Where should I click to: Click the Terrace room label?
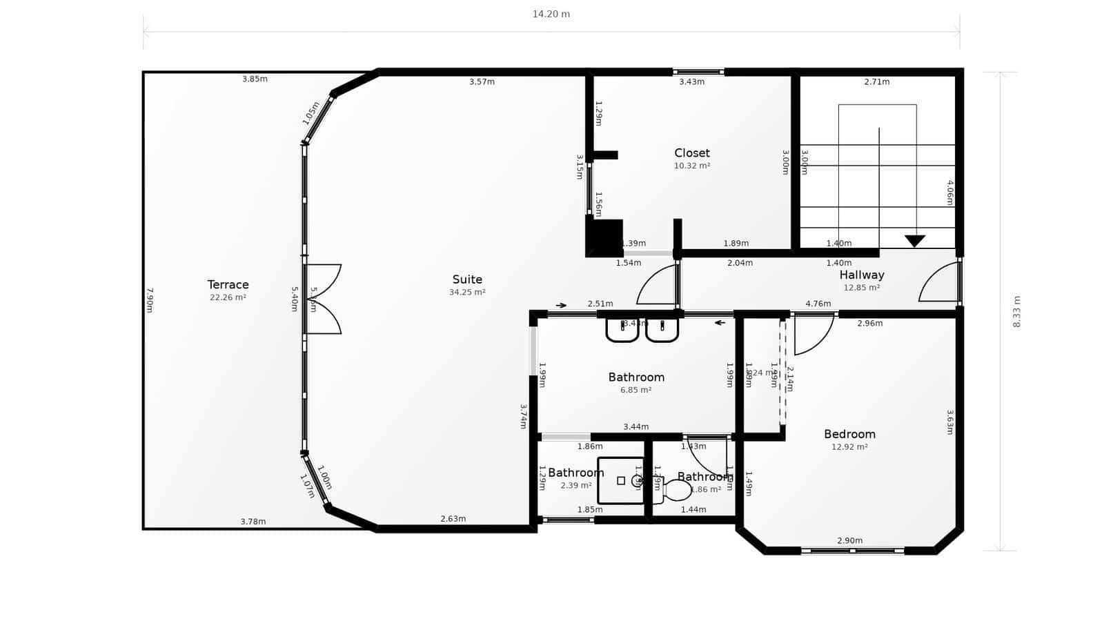point(228,284)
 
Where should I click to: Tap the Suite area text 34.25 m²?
point(467,293)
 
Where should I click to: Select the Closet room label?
point(692,152)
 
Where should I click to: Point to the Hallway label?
point(861,275)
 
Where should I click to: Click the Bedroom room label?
point(849,434)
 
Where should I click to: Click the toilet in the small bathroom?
point(676,490)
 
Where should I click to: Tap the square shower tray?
point(620,481)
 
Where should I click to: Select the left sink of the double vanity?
point(622,330)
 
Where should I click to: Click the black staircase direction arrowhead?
point(915,241)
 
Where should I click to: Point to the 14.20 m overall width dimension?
point(551,14)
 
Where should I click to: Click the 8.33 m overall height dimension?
point(1016,311)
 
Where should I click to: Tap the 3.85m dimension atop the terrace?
point(255,79)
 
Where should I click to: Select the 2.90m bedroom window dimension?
point(849,540)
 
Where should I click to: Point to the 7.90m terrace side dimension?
point(149,300)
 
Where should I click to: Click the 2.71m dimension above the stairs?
point(876,81)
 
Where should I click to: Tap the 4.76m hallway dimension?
point(818,304)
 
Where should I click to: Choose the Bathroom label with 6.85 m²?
point(636,377)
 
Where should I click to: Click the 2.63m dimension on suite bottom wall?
point(453,519)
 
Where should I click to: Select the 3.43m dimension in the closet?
point(691,81)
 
